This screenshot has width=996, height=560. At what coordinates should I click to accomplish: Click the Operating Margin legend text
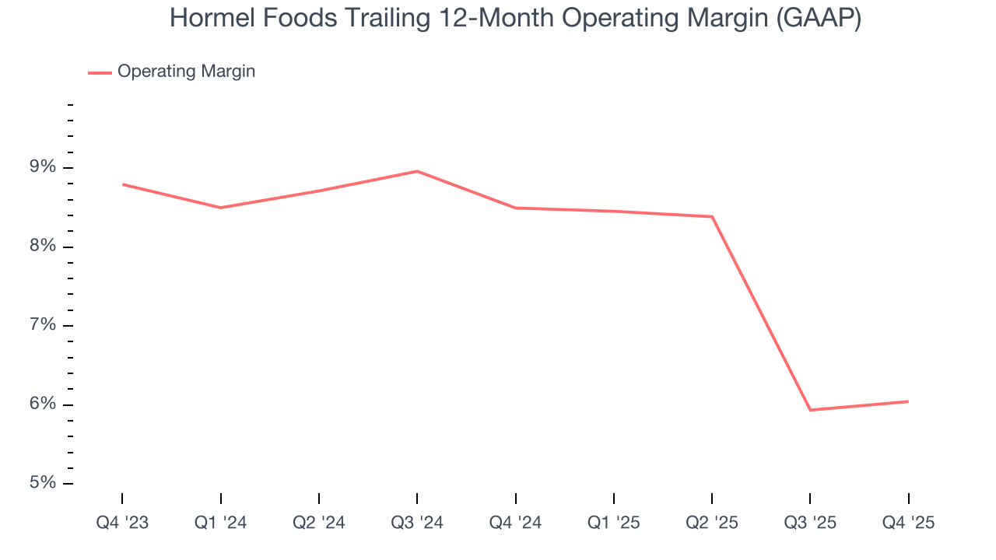[186, 72]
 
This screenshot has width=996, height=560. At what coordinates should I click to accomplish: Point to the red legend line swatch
[100, 72]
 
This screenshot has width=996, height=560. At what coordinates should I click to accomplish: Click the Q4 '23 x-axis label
[122, 523]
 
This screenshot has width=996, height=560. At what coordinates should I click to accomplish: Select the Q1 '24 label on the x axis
[221, 523]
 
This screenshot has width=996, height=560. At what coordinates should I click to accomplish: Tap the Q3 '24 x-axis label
[417, 523]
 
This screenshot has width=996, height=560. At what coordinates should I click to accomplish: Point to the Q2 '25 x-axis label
[712, 523]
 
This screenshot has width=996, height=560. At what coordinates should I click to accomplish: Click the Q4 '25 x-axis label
[908, 523]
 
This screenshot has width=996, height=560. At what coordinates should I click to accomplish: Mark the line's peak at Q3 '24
[417, 171]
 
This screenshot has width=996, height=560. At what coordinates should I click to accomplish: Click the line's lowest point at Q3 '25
[810, 410]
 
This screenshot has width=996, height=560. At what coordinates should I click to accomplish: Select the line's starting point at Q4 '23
[123, 184]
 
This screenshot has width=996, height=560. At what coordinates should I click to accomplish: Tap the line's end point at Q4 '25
[908, 401]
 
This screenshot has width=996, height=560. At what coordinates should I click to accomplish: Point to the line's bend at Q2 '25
[712, 216]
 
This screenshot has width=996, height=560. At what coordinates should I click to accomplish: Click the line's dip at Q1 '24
[221, 208]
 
